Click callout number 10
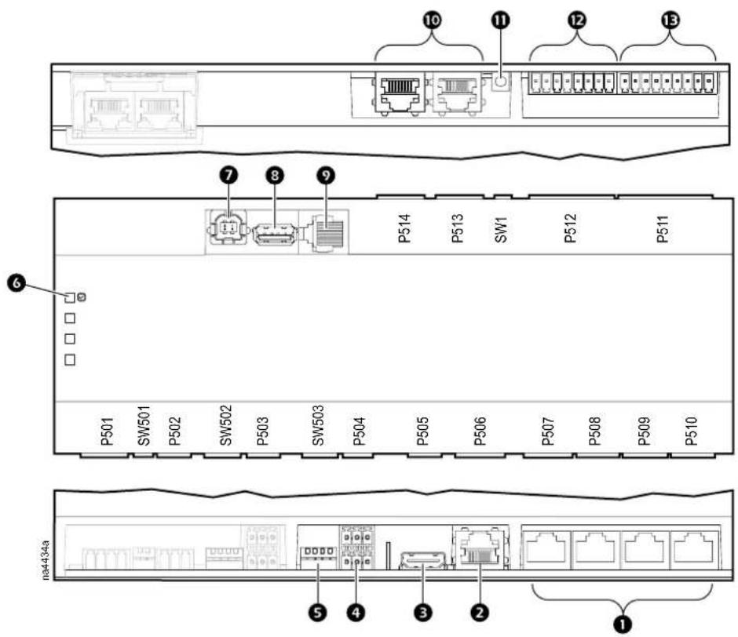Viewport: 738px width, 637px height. tap(432, 20)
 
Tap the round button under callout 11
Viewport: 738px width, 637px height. tap(500, 82)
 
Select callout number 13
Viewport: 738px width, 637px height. tap(670, 20)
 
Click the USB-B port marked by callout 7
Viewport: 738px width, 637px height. tap(228, 229)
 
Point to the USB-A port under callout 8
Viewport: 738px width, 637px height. tap(275, 234)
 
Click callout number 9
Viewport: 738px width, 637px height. tap(326, 176)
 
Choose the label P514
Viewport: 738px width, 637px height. tap(405, 228)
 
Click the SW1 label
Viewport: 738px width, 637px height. tap(501, 230)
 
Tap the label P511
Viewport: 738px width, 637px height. tap(662, 228)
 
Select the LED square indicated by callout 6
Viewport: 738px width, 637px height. tap(70, 298)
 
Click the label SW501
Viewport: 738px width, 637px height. tap(144, 425)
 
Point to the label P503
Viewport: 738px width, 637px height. tap(263, 431)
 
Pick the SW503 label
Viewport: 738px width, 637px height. tap(318, 425)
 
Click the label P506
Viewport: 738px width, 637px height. tap(480, 431)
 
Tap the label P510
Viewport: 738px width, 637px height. tap(691, 431)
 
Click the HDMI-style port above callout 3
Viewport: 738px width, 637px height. tap(422, 560)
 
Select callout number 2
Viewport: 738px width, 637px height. tap(480, 612)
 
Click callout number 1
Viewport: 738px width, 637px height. tap(623, 624)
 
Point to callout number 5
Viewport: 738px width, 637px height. tap(318, 612)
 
